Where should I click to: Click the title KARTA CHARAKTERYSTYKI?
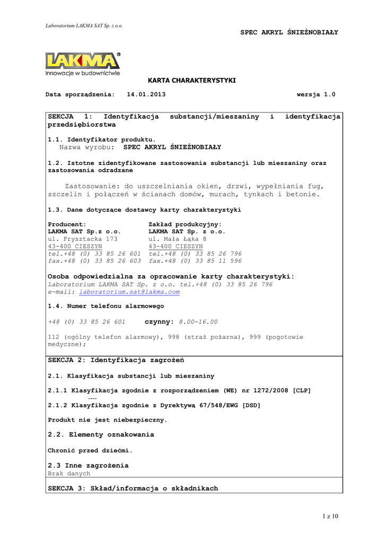(x=191, y=80)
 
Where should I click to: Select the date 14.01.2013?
(x=146, y=94)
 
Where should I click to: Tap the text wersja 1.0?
(x=316, y=94)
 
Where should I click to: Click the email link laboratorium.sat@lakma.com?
(x=129, y=292)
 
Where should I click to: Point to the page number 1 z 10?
(x=329, y=516)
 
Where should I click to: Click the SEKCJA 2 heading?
(x=116, y=361)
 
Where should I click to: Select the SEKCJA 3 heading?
(x=133, y=488)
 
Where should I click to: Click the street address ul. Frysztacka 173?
(x=82, y=239)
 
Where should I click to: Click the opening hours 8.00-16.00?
(x=198, y=322)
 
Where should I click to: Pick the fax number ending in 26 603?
(x=94, y=261)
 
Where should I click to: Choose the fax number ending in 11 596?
(x=195, y=261)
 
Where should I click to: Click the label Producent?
(x=67, y=224)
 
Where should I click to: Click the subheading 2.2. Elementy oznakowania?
(x=101, y=435)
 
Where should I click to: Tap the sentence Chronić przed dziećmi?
(x=90, y=451)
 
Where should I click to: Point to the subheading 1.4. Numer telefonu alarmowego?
(x=106, y=306)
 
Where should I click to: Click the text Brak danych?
(x=69, y=474)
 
